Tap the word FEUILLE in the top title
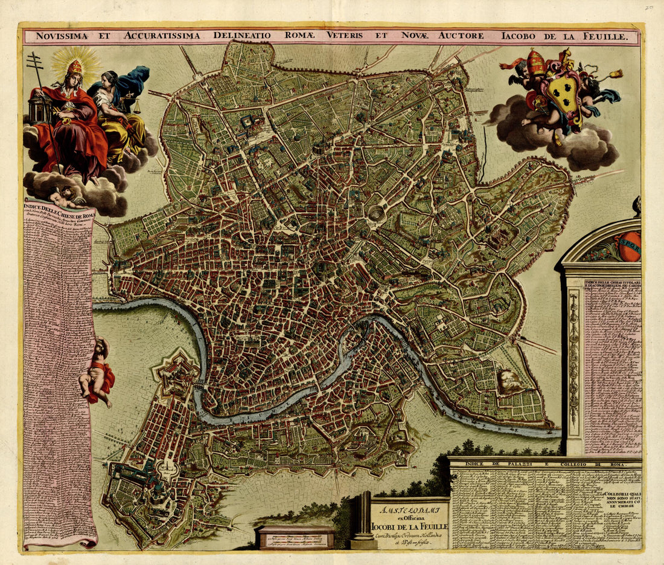(610, 36)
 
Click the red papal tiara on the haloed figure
(74, 66)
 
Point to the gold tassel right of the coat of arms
(616, 74)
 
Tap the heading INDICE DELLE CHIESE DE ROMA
(59, 215)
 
